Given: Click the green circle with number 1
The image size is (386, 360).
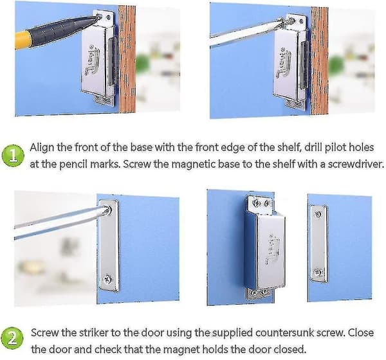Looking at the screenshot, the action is pos(13,156).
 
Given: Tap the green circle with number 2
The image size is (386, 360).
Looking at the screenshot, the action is pos(12,338).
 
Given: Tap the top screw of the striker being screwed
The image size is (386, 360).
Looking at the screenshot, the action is pos(107,210).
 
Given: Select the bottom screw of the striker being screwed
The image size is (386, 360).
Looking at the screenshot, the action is pos(107,279).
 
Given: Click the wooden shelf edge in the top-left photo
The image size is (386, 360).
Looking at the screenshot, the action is pos(127,59).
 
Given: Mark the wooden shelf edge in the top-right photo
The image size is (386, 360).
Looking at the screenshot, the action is pos(319,61).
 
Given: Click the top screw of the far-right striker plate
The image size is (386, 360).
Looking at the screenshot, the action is pos(318,215).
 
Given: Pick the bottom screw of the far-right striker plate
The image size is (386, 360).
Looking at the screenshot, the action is pos(317,272).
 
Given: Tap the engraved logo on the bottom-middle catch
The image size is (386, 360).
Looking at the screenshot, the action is pos(272,249).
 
